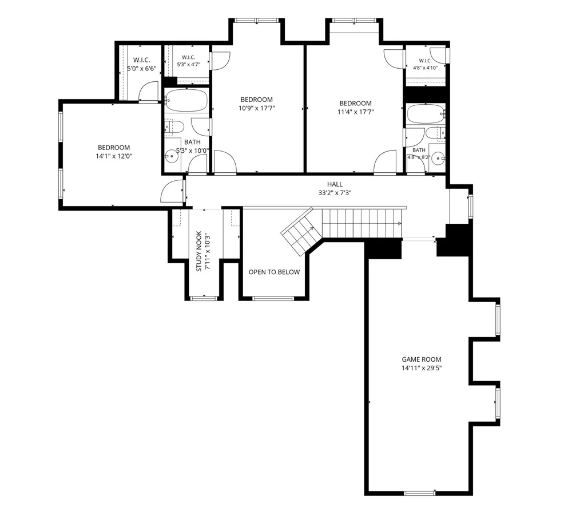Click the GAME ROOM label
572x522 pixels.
[x=422, y=359]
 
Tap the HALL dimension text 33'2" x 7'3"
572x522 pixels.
[x=335, y=193]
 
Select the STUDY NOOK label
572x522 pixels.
[x=199, y=251]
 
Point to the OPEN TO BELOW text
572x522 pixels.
[x=275, y=272]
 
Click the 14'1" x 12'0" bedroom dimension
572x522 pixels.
[x=114, y=156]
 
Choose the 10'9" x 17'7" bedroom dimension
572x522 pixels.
[x=256, y=108]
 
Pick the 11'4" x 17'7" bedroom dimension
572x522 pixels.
[x=356, y=112]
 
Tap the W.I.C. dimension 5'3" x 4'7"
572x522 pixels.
[x=189, y=65]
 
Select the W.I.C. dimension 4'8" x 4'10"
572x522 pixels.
[x=426, y=68]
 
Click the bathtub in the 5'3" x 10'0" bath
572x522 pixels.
[x=186, y=100]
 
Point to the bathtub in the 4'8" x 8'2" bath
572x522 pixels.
[x=426, y=114]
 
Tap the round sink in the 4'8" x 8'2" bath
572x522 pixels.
[x=438, y=159]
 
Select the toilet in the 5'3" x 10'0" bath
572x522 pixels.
[x=174, y=126]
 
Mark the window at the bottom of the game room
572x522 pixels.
[x=419, y=493]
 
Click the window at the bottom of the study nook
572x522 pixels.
[x=204, y=299]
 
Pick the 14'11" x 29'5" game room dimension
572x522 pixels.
[x=422, y=369]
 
